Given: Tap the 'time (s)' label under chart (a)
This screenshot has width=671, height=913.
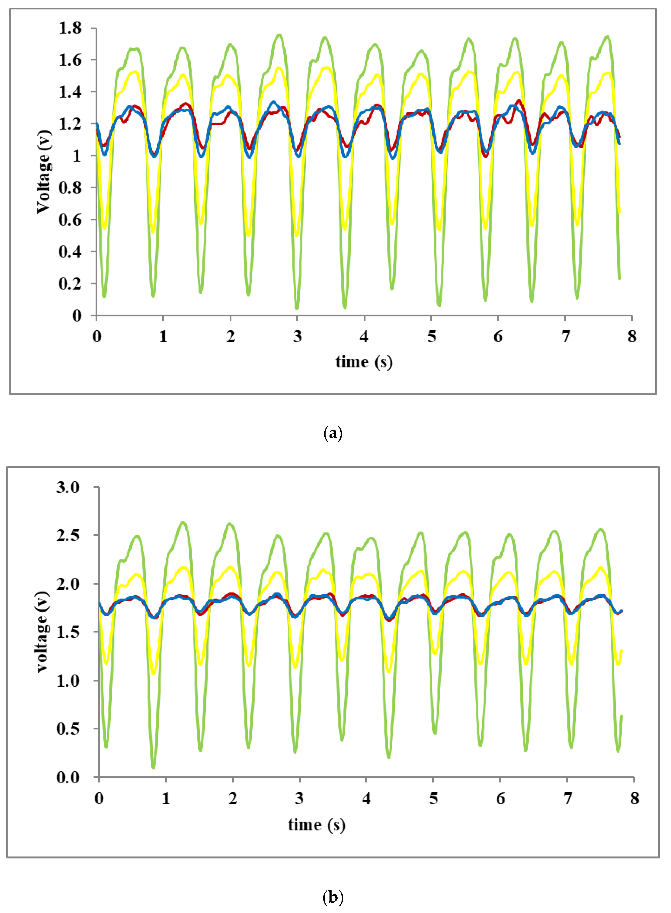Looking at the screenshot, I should [x=364, y=362].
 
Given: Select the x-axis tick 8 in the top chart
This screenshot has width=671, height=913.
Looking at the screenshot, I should [x=632, y=337].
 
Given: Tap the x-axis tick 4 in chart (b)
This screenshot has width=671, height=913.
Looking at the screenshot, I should [x=366, y=799].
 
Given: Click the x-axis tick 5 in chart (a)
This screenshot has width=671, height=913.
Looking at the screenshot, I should [x=431, y=337].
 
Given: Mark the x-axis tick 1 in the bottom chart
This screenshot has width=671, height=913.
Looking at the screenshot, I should [x=166, y=799].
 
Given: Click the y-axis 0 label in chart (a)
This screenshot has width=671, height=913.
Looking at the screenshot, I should [x=77, y=316].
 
